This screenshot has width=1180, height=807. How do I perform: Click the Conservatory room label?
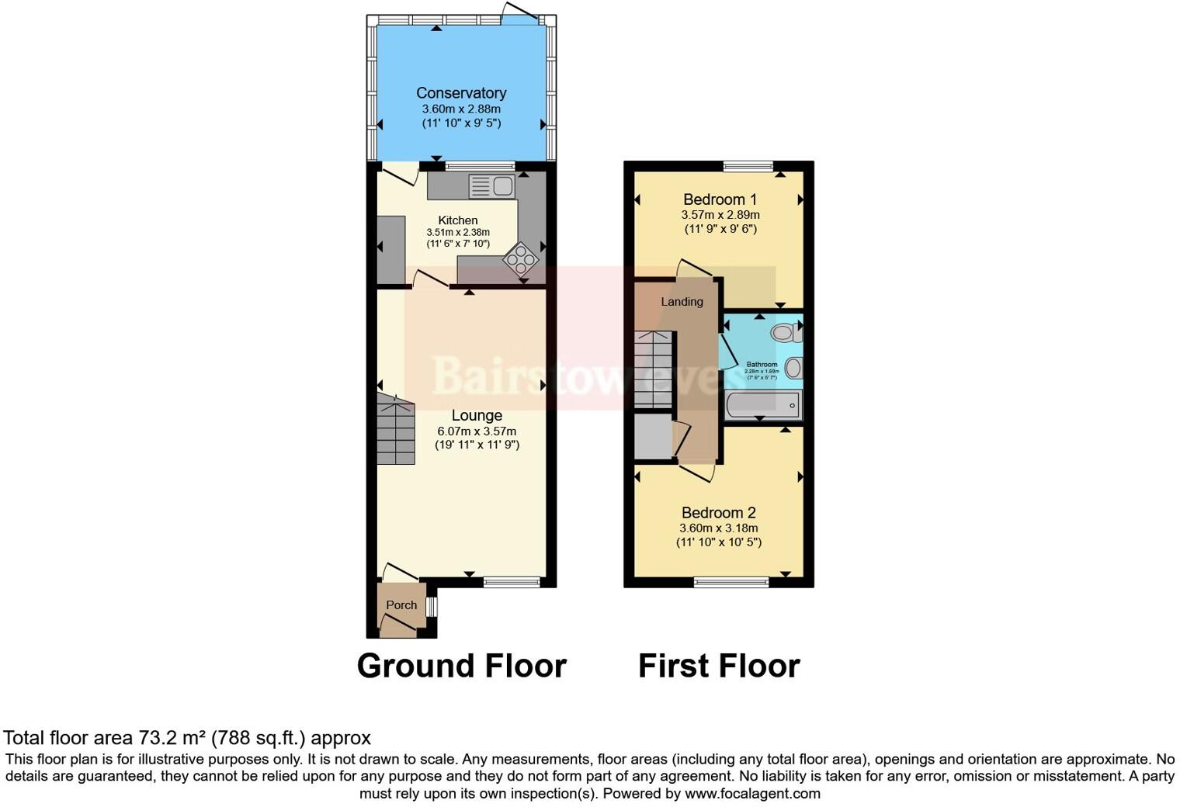click(x=461, y=93)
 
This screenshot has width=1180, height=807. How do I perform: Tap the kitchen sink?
click(x=491, y=186)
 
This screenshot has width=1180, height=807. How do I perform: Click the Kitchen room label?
click(x=458, y=220)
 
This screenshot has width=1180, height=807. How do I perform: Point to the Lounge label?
click(x=477, y=416)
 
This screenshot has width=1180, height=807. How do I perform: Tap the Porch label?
click(x=401, y=605)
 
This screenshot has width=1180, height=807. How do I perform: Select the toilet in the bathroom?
click(x=786, y=333)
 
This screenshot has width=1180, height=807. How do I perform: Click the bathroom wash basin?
click(x=794, y=368)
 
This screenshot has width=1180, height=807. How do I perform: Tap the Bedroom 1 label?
click(x=720, y=199)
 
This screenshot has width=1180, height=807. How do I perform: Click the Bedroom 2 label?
click(x=718, y=513)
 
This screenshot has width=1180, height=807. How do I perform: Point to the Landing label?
click(x=682, y=302)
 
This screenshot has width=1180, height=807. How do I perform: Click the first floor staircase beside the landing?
click(x=653, y=369)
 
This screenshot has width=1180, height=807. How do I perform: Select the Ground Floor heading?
click(x=461, y=666)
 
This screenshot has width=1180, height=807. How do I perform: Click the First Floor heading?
click(x=719, y=666)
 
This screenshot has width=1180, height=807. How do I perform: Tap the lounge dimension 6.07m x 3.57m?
click(x=477, y=431)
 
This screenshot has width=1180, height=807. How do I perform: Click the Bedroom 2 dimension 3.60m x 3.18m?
click(x=718, y=528)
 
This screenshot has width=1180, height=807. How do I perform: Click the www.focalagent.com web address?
click(x=752, y=794)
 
